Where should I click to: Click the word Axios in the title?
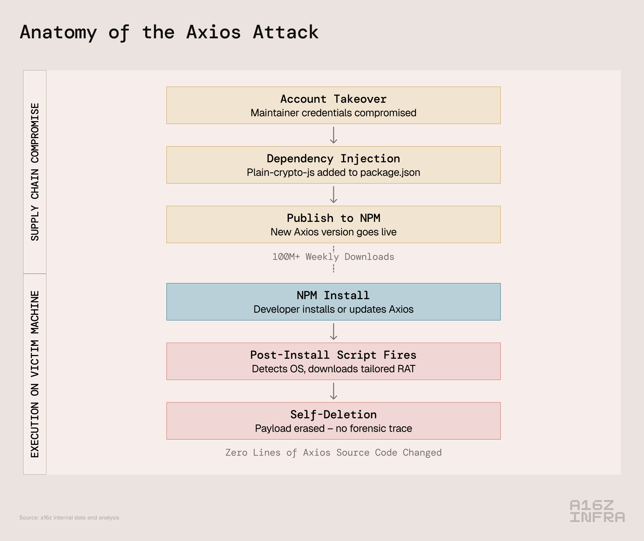point(213,32)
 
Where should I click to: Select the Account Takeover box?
point(333,105)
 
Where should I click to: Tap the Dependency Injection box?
point(333,165)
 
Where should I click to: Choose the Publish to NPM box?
point(333,224)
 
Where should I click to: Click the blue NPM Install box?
point(333,302)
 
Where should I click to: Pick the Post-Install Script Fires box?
point(333,361)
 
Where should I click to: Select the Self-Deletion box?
point(333,421)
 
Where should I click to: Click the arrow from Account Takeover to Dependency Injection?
point(334,135)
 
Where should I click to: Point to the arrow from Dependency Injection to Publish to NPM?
point(334,195)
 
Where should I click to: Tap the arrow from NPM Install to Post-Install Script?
point(334,331)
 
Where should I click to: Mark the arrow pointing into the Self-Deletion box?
point(334,391)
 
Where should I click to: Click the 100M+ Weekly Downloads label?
point(333,257)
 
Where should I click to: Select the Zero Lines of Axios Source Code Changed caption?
point(333,452)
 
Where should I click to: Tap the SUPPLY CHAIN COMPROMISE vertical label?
point(35,172)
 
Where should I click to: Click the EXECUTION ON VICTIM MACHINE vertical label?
point(35,374)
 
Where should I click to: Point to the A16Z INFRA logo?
point(597,511)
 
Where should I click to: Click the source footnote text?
point(69,517)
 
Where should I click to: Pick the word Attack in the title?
point(286,32)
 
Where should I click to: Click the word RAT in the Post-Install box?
point(406,369)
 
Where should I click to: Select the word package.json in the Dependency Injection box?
point(390,173)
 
